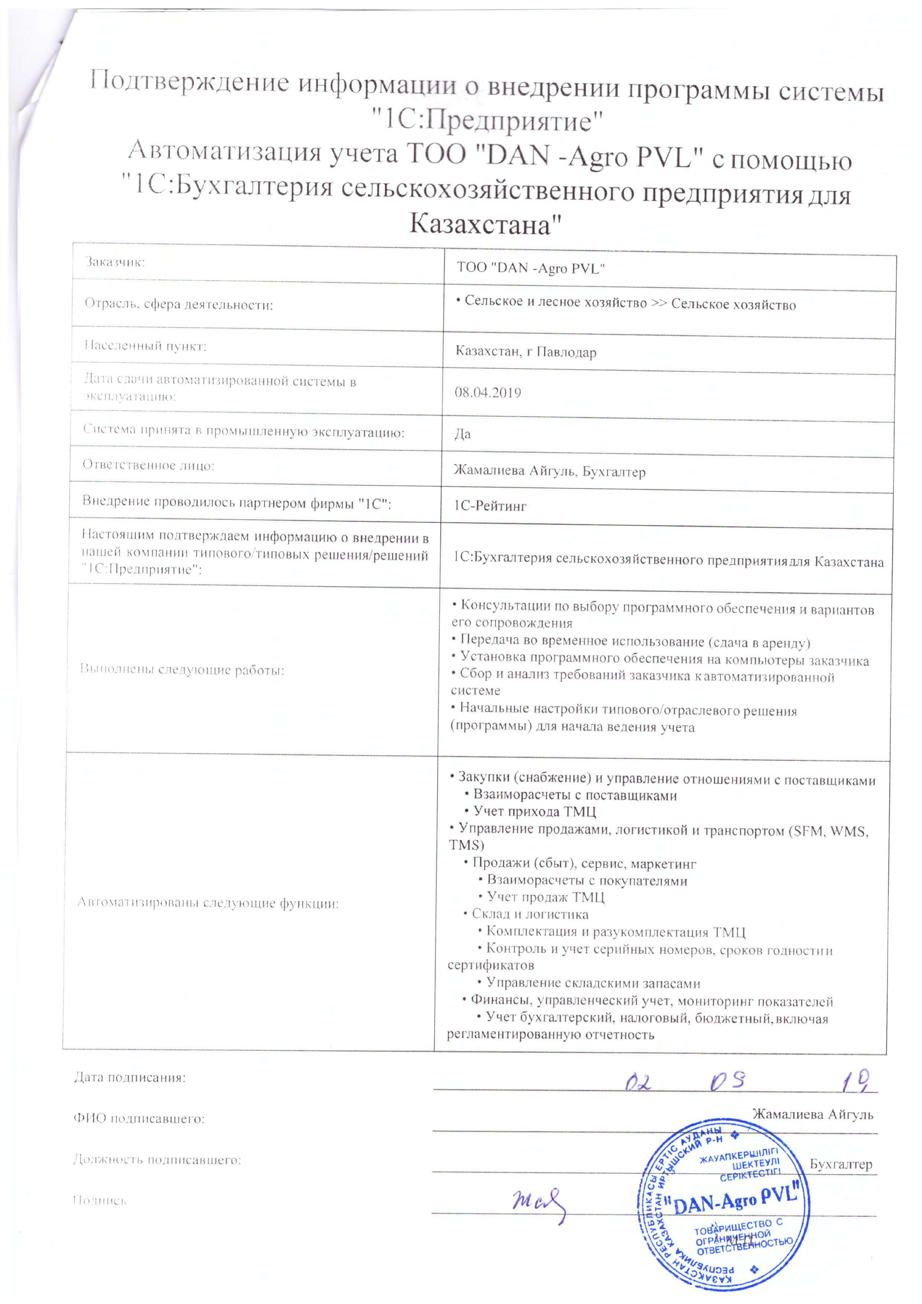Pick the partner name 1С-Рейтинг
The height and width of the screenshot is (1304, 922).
tap(490, 506)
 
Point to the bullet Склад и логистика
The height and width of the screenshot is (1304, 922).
tap(530, 914)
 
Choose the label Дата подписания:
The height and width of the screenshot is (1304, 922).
tap(130, 1077)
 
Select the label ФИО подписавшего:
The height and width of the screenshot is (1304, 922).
tap(139, 1119)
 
